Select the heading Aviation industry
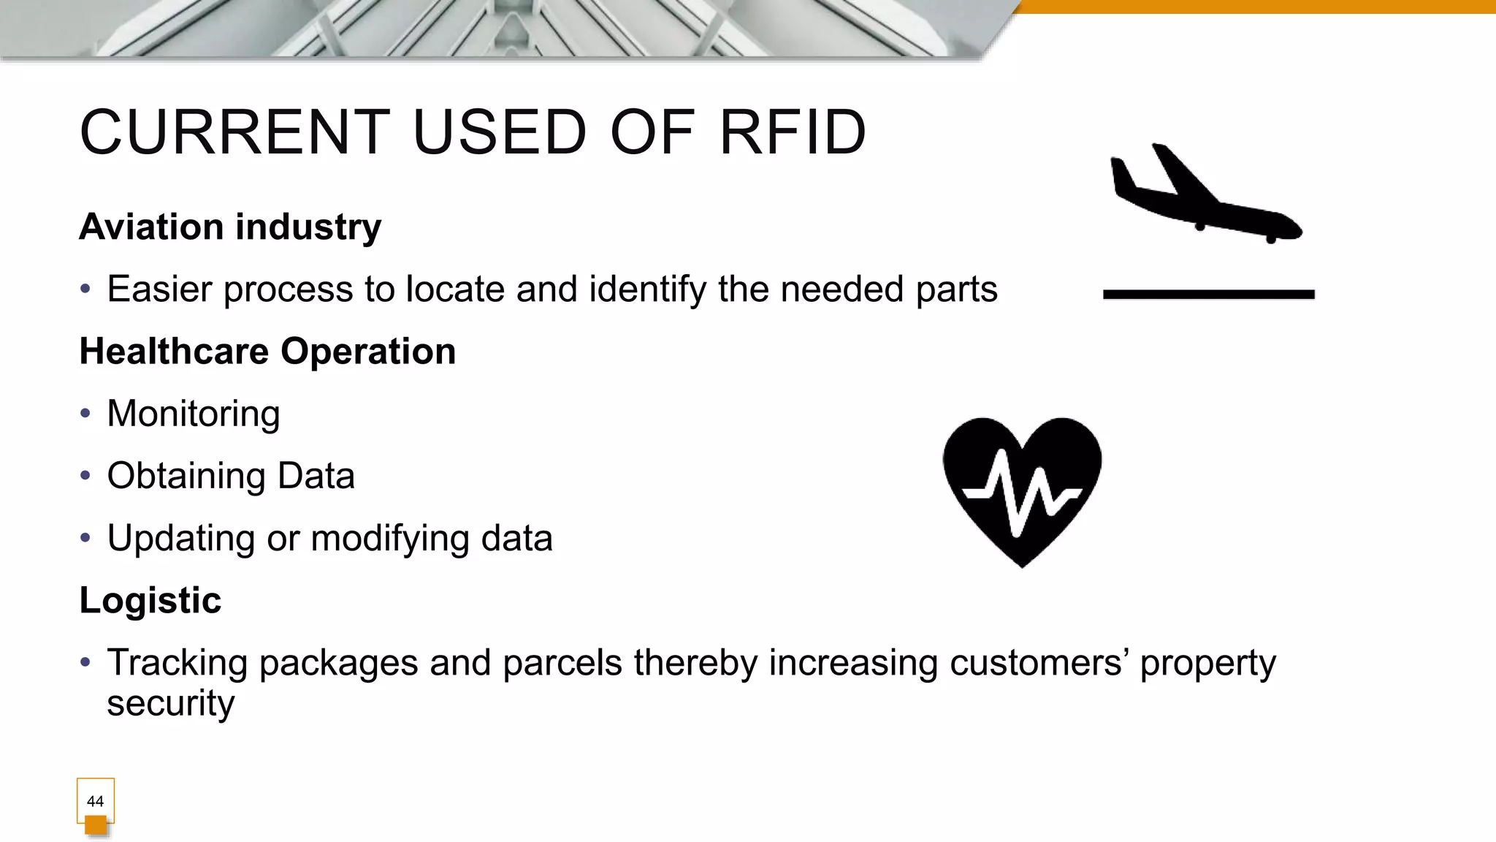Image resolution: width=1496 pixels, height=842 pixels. coord(230,227)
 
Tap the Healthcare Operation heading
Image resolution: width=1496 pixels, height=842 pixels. coord(267,352)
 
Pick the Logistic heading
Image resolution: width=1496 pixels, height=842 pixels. coord(150,601)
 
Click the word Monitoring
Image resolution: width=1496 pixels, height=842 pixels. coord(194,414)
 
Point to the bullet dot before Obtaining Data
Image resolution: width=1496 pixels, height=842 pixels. coord(85,476)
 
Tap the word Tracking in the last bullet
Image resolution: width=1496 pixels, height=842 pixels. coord(177,663)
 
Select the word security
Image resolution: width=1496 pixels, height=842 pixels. coord(171,703)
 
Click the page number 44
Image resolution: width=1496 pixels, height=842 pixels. coord(95,801)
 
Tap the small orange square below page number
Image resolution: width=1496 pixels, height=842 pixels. coord(96,825)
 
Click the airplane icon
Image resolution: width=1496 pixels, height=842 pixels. coord(1205,197)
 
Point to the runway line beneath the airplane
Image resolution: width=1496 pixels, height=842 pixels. coord(1208,295)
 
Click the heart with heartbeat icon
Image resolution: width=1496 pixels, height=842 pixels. coord(1022,490)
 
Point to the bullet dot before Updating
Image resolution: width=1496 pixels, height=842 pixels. coord(85,539)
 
